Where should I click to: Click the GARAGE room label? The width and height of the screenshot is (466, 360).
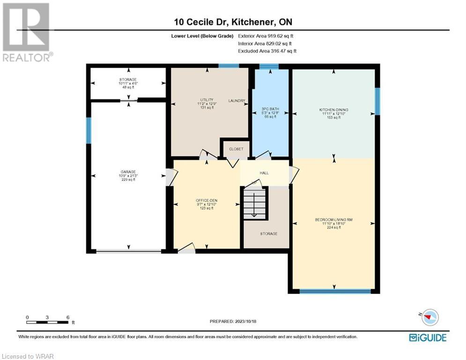[x=128, y=172]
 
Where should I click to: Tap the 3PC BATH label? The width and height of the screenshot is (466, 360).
[x=270, y=109]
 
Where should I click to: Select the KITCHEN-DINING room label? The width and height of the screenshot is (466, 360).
[x=333, y=110]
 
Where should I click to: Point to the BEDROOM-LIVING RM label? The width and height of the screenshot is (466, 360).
[x=334, y=219]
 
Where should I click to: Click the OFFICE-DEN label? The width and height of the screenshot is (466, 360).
[x=207, y=201]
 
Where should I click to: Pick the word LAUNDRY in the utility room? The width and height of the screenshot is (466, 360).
[x=237, y=101]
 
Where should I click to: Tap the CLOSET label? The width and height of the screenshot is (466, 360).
[x=236, y=149]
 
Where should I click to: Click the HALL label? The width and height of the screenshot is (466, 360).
[x=264, y=173]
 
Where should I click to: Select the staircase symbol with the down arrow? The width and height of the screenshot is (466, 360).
[x=254, y=203]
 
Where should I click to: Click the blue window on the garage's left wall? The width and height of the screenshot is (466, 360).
[x=88, y=131]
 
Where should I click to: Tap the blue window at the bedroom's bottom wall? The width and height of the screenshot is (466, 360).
[x=335, y=291]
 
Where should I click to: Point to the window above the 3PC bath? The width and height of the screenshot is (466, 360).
[x=269, y=66]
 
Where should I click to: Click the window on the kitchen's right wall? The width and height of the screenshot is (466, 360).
[x=377, y=101]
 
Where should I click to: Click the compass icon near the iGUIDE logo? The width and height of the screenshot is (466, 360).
[x=429, y=317]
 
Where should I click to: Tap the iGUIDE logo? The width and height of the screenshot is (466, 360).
[x=428, y=337]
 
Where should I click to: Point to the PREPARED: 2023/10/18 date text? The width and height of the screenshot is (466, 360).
[x=233, y=321]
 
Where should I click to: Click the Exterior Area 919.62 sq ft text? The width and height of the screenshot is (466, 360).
[x=266, y=36]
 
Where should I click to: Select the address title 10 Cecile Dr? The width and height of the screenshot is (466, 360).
[x=201, y=22]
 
